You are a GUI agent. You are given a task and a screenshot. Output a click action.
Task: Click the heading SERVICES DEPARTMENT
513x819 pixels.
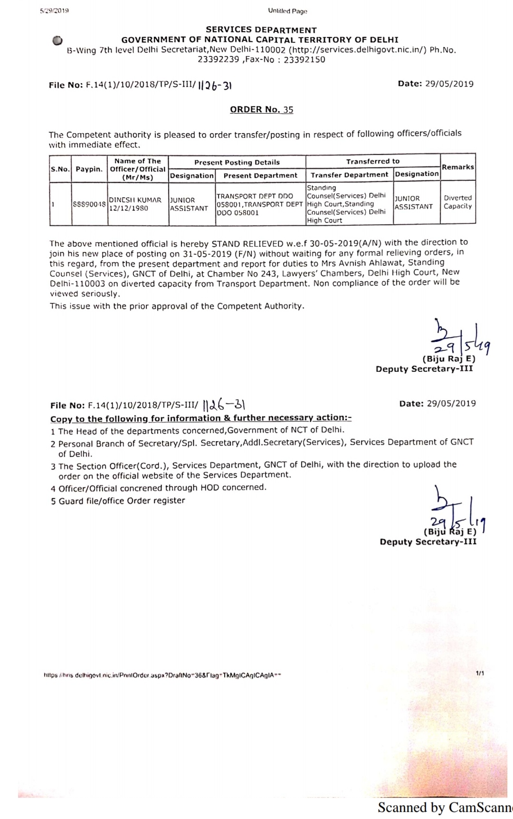261,30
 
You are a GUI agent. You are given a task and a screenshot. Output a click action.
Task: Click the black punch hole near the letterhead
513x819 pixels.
57,41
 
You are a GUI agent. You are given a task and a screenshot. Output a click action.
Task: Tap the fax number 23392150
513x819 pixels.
304,60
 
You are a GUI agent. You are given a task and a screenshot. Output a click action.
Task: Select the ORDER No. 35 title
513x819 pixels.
261,110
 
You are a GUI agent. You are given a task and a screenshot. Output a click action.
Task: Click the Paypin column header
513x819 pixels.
89,169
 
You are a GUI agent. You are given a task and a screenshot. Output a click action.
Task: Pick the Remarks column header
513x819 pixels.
458,167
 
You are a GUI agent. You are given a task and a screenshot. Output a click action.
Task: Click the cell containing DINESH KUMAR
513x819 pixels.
135,200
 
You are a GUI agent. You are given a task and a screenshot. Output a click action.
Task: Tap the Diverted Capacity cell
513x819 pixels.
458,202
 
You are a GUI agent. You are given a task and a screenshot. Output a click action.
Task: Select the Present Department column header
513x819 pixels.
260,175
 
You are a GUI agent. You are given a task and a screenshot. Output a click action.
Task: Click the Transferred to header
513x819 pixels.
373,162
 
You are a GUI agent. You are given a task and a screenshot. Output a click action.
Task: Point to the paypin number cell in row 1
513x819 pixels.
89,204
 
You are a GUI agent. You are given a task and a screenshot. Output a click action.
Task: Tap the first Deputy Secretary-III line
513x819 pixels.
424,369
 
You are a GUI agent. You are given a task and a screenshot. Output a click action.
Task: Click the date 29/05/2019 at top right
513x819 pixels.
449,84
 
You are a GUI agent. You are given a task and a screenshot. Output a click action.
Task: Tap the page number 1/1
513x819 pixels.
480,674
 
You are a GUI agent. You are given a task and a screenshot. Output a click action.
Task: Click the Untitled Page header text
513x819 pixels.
287,11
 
